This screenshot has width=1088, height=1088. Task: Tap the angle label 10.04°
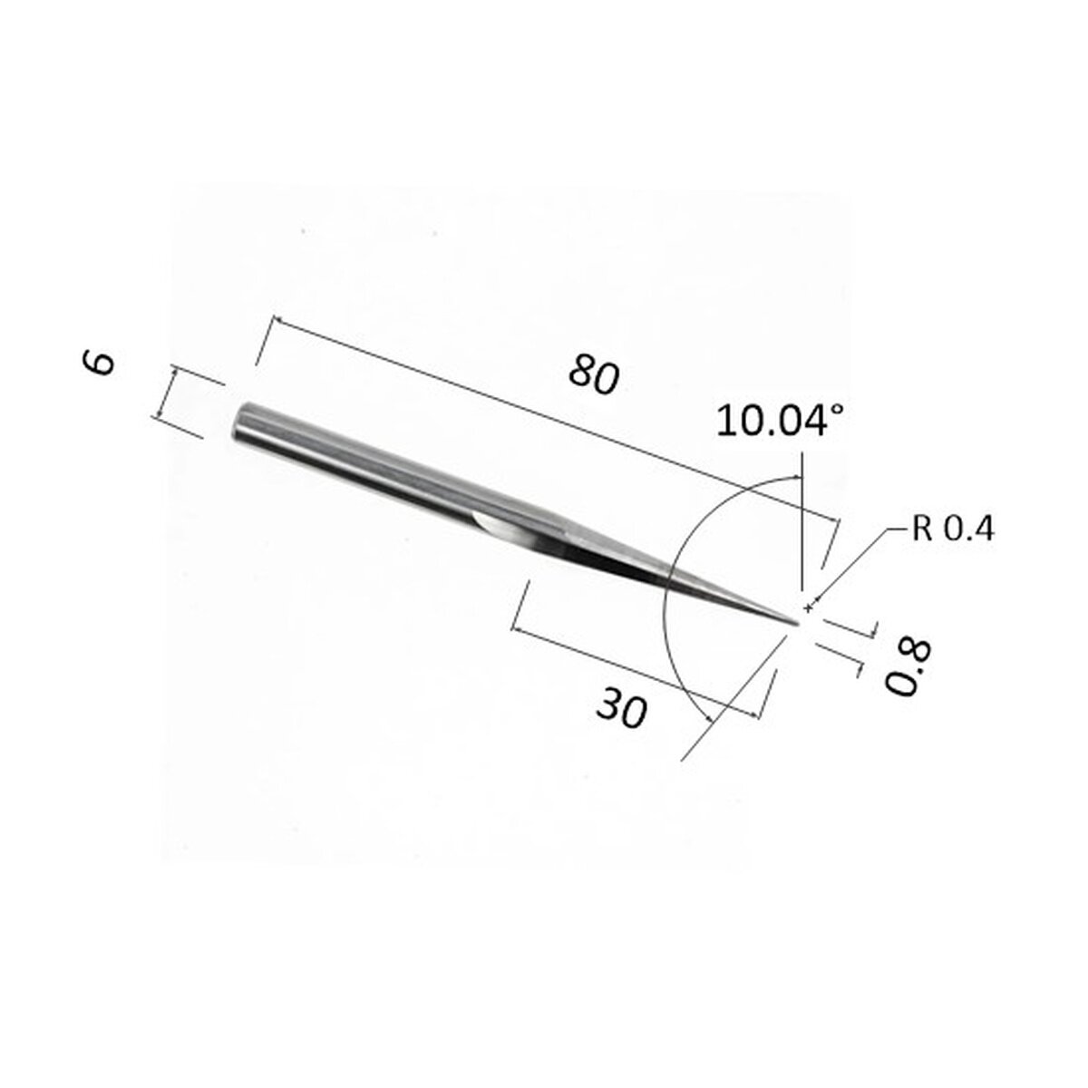(780, 422)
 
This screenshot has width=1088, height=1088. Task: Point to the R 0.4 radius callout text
(952, 529)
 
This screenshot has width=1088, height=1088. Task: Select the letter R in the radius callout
(922, 529)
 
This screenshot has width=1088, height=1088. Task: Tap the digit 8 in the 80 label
(580, 370)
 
